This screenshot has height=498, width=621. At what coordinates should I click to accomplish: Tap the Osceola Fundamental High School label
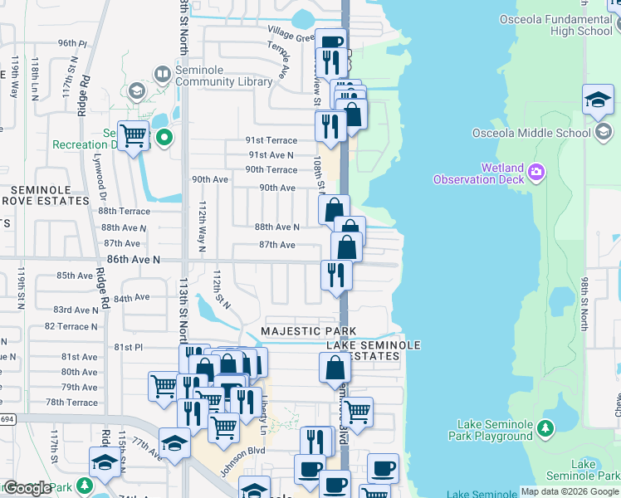pos(559,25)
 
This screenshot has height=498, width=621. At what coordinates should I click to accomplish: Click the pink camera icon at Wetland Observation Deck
pos(536,172)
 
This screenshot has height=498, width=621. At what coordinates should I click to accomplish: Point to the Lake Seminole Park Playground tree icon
pos(545,428)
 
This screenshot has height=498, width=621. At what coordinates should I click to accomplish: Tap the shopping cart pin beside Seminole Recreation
pos(133,136)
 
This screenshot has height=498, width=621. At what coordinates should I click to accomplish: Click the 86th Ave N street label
pos(132,260)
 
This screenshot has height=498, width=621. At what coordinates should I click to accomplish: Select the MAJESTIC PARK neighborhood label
pos(301,331)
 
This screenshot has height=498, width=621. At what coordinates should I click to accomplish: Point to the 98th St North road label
pos(584,302)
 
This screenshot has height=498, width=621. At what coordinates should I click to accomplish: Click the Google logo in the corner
pos(27,488)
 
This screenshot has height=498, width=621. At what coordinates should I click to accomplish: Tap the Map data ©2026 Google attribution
pos(570,491)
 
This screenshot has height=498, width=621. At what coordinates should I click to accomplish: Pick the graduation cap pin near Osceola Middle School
pos(598,100)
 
